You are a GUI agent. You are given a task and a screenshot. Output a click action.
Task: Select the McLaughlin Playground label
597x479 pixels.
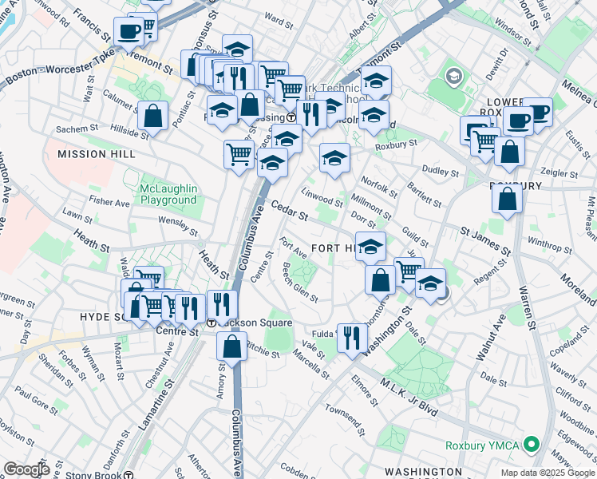tap(168, 194)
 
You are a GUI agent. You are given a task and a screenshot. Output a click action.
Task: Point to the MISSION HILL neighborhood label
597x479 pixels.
tap(91, 152)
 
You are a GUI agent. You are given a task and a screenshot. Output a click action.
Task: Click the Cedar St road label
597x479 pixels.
tap(289, 212)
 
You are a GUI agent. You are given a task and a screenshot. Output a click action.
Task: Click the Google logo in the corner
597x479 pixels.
tap(26, 469)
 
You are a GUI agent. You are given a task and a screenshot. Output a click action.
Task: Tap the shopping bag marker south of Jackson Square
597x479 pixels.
tap(231, 347)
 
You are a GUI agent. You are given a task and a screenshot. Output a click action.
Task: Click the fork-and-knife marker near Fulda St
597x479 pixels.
tap(352, 337)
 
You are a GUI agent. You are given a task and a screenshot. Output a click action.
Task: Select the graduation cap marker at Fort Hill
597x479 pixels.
tap(370, 246)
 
